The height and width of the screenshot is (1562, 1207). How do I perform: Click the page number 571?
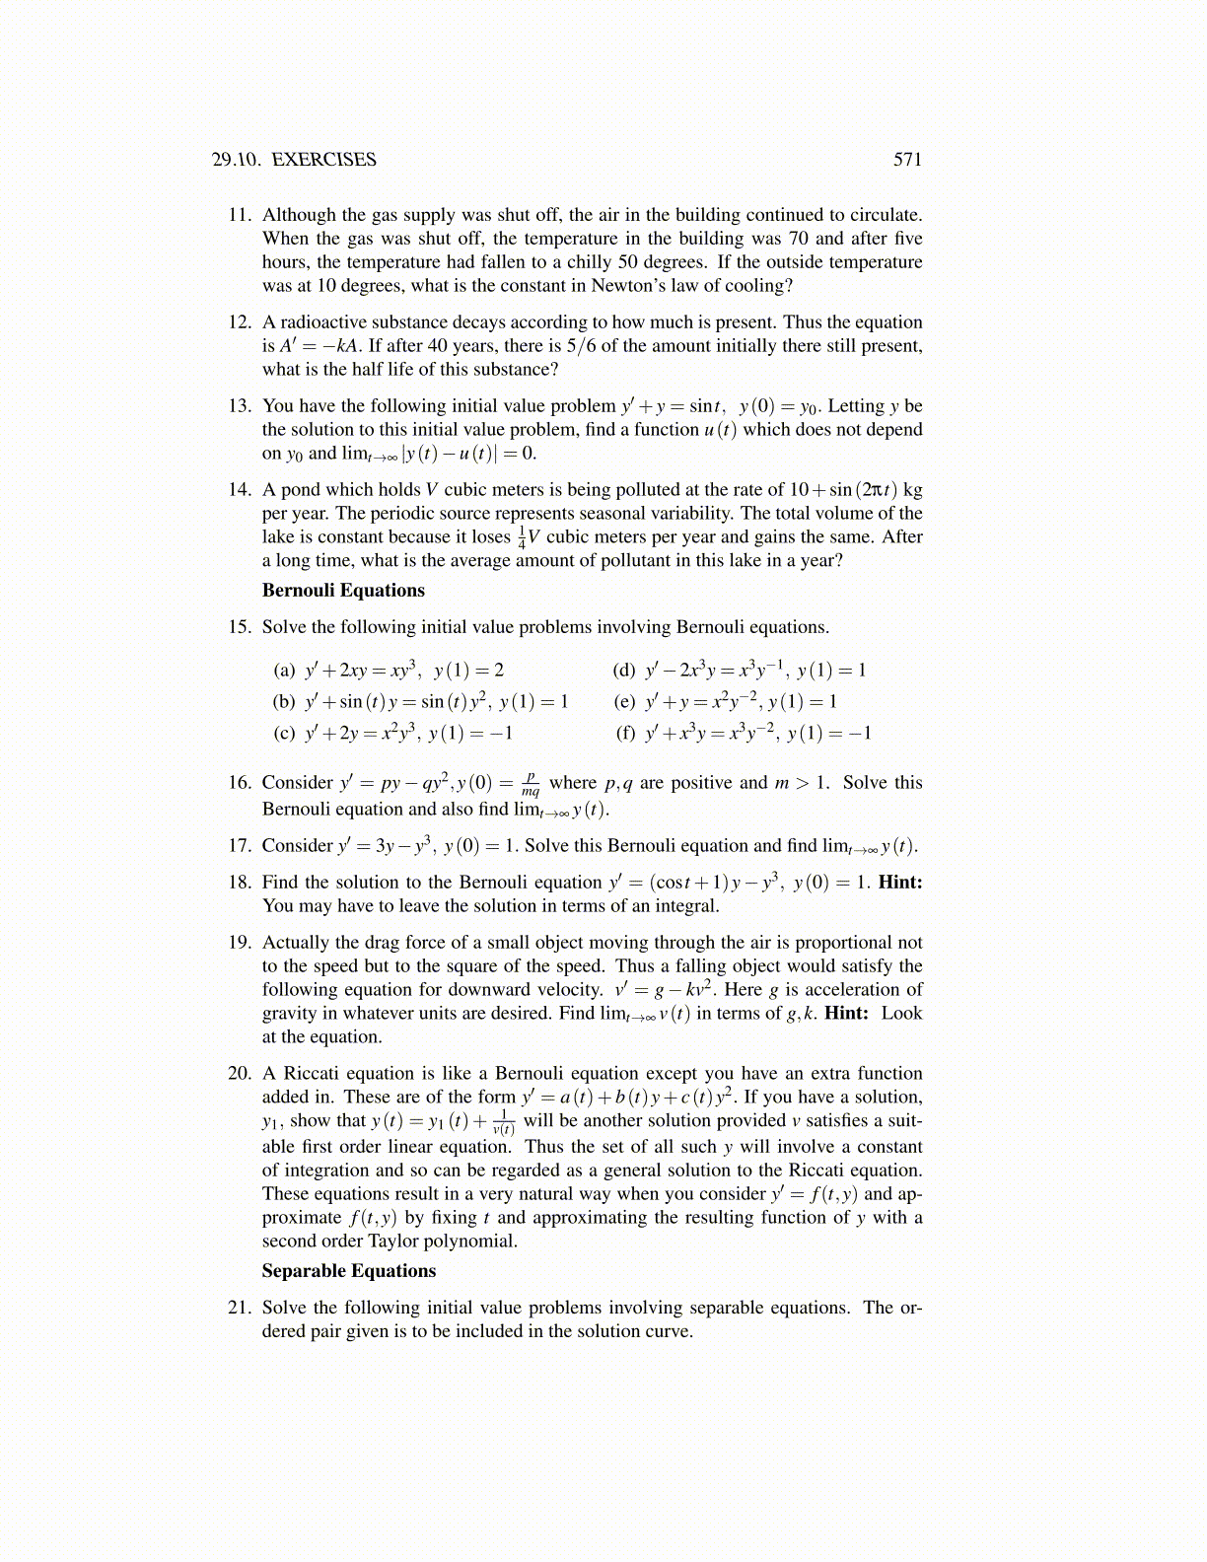tap(907, 160)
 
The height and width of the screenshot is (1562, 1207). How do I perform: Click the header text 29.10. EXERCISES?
tap(294, 160)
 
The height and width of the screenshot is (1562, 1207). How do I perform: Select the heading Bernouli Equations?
tap(343, 591)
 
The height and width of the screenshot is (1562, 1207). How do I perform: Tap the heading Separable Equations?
tap(348, 1271)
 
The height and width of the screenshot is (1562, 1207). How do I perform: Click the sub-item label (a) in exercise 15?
tap(284, 671)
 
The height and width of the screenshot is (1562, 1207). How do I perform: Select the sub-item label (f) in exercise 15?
tap(625, 733)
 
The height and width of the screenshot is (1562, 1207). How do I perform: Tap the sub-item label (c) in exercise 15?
tap(284, 733)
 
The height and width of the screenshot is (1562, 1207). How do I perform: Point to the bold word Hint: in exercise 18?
tap(899, 883)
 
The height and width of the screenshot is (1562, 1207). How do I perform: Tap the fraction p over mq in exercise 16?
tap(531, 784)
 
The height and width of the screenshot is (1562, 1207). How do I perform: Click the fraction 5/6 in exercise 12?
tap(567, 346)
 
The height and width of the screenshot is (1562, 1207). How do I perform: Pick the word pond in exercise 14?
tap(301, 490)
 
